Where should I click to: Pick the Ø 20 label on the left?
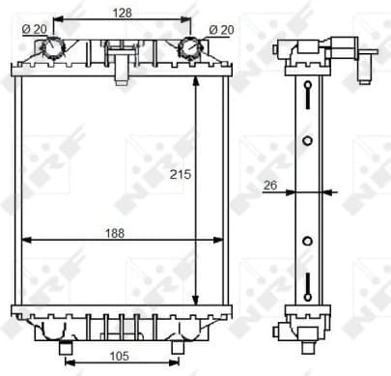tap(33, 29)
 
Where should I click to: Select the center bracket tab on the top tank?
tap(121, 66)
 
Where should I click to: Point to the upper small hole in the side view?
tap(306, 140)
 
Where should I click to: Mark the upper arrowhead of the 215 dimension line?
tap(196, 83)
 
